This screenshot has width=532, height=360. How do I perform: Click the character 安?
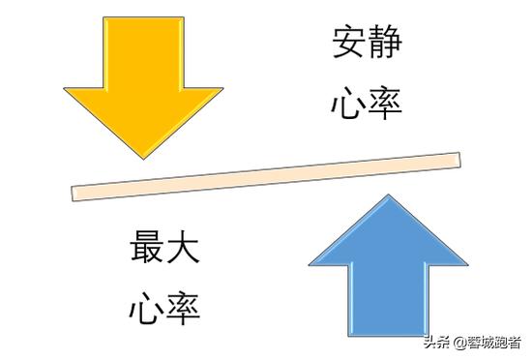(348, 44)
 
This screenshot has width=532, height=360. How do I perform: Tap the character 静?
(385, 44)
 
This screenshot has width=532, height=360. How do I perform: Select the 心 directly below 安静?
(348, 103)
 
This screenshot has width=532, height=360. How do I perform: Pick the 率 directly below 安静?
(385, 103)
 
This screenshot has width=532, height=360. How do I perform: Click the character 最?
(146, 249)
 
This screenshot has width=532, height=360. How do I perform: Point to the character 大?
(183, 249)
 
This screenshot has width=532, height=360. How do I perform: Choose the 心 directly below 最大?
(146, 309)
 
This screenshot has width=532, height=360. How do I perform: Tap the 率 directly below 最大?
(183, 309)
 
